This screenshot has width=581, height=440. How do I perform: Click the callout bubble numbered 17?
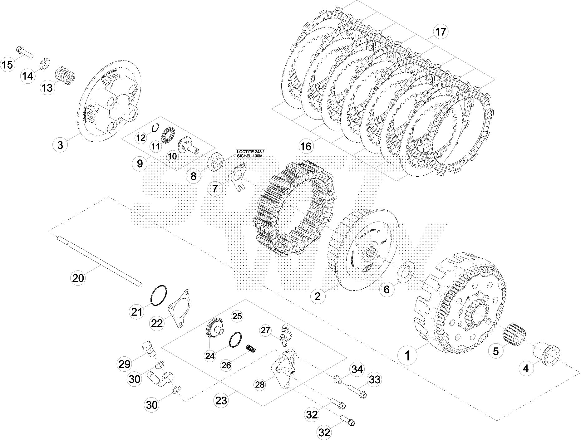tap(441, 32)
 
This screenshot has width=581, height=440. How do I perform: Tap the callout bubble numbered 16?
tap(306, 146)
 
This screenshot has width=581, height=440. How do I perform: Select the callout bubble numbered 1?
tap(407, 355)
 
